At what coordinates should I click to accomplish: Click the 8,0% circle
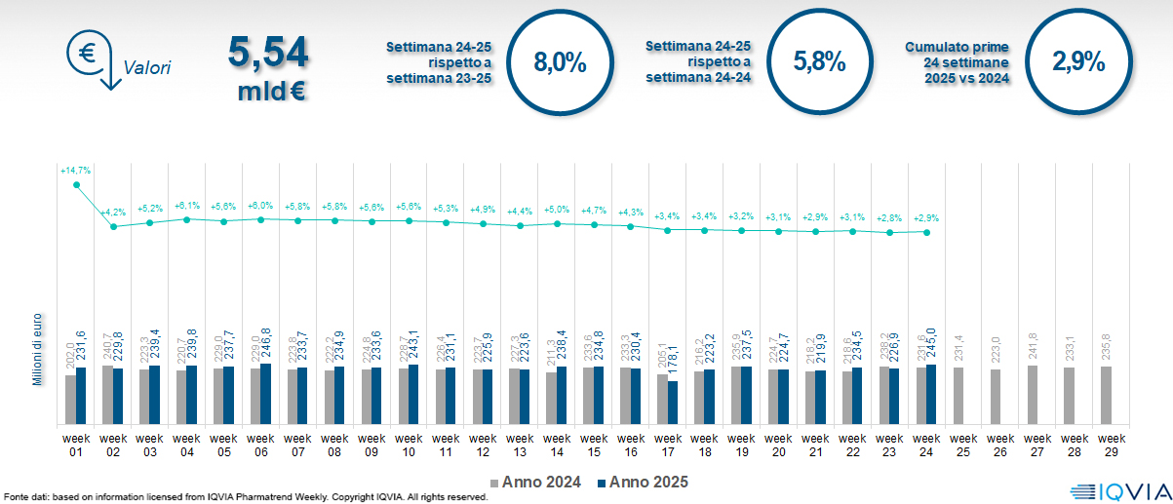(x=560, y=63)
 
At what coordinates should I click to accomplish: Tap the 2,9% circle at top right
(x=1078, y=63)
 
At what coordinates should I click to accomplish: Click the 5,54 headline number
(x=267, y=53)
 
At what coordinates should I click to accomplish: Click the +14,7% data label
(x=75, y=171)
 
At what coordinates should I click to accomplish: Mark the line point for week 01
(x=76, y=184)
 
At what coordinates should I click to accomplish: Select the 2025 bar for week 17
(x=673, y=402)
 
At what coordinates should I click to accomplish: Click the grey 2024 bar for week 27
(x=1033, y=395)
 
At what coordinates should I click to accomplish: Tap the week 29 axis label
(x=1107, y=444)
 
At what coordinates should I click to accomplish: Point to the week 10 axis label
(x=409, y=444)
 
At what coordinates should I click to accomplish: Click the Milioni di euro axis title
(x=37, y=348)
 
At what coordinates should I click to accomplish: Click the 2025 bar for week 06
(x=266, y=394)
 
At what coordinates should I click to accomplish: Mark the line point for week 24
(x=926, y=232)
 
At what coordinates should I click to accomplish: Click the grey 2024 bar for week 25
(x=958, y=396)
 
